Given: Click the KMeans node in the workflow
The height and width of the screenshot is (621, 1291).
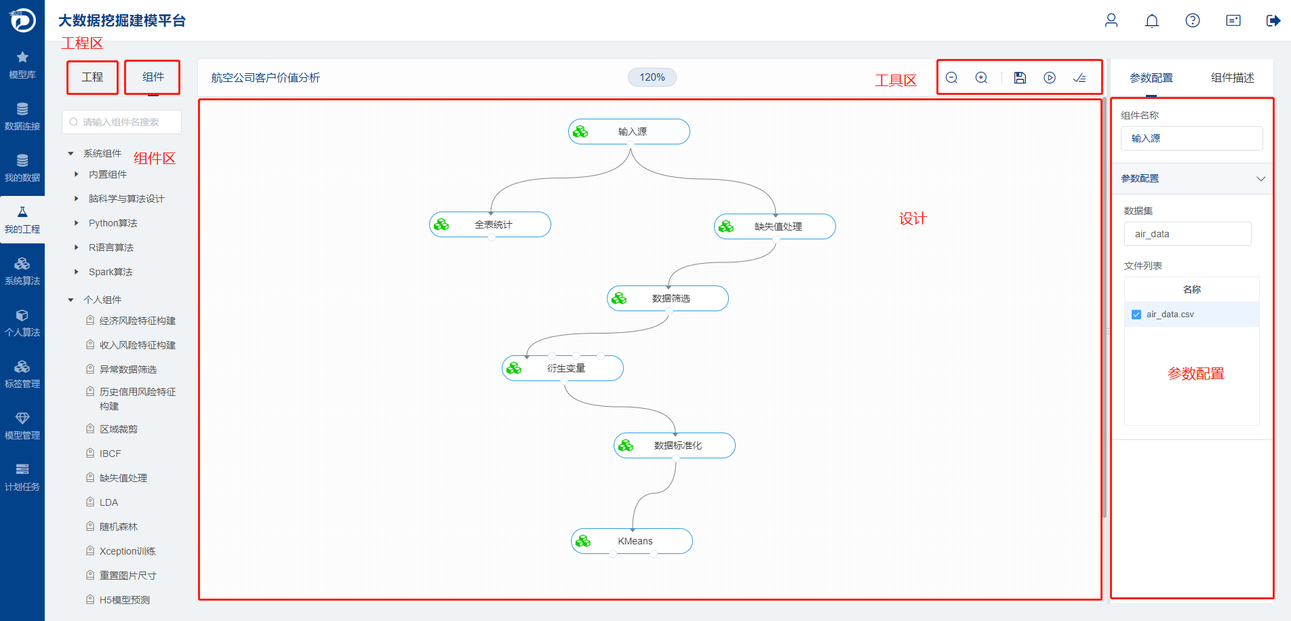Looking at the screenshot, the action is click(x=632, y=541).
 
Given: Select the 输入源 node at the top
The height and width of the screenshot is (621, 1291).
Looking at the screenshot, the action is click(x=629, y=132).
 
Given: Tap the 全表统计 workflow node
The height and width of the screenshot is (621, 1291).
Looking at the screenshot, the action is click(x=490, y=224).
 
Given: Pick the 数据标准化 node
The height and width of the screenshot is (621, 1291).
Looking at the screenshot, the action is click(x=675, y=445).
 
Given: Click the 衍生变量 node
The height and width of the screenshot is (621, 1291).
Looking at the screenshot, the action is click(x=563, y=368).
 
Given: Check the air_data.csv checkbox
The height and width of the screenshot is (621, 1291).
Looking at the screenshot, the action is click(x=1136, y=315).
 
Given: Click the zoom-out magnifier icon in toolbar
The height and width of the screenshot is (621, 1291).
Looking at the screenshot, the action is click(x=952, y=78).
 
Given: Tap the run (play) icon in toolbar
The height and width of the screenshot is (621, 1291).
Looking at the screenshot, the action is click(x=1050, y=78).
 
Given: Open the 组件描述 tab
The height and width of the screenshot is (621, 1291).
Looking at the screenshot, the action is click(x=1232, y=78).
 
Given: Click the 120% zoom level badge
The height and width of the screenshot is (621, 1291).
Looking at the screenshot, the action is click(x=652, y=77).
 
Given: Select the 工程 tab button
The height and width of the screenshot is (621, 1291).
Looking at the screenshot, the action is click(x=92, y=77).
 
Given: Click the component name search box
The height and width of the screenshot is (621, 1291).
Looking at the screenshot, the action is click(x=122, y=122).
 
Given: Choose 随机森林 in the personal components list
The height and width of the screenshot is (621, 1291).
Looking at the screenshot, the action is click(x=119, y=527).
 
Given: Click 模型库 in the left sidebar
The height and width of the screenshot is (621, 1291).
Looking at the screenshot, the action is click(x=22, y=65).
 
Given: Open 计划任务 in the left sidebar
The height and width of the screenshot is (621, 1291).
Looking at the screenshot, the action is click(x=22, y=477).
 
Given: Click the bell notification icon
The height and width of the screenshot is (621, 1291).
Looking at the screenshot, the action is click(x=1152, y=20).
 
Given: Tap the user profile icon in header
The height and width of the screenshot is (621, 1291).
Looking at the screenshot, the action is click(x=1111, y=20).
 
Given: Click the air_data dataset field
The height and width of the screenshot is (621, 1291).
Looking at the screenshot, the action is click(x=1188, y=234).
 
